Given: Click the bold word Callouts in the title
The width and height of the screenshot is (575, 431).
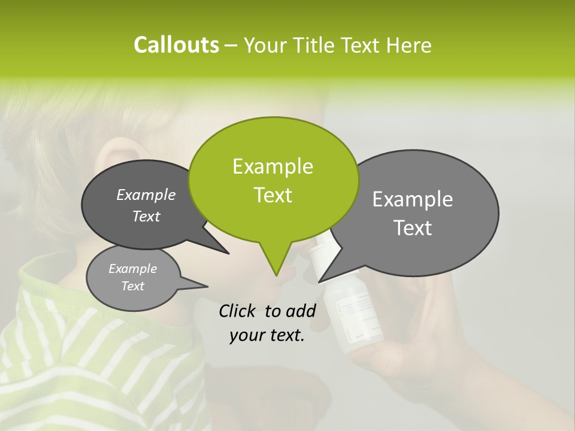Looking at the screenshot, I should click(176, 45).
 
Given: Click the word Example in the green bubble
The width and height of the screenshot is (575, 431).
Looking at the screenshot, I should click(273, 166).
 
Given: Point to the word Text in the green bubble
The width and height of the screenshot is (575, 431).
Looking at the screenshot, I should click(273, 195).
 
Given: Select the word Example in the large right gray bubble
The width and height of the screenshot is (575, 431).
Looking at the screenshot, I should click(413, 199).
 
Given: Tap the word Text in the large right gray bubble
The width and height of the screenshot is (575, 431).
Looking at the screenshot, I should click(413, 228).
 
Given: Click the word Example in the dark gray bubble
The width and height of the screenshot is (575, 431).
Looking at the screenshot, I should click(146, 195).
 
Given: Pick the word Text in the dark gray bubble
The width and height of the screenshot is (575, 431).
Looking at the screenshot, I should click(146, 217).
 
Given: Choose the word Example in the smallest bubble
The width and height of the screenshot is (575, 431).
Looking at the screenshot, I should click(133, 269).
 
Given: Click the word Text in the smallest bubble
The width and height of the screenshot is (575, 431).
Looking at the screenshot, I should click(133, 286).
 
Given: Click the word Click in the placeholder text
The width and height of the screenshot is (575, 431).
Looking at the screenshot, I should click(238, 311).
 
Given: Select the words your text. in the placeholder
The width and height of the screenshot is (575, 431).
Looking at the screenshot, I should click(267, 336).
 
